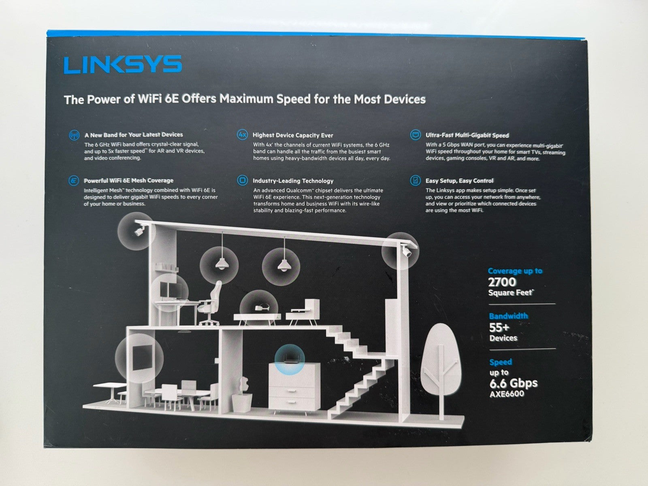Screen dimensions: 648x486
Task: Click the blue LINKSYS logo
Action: click(x=123, y=64)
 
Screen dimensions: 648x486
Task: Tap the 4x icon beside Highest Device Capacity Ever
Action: click(x=242, y=135)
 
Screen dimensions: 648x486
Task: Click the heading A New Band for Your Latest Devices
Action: click(x=134, y=135)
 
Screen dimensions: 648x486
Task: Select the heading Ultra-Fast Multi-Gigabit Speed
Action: click(x=467, y=135)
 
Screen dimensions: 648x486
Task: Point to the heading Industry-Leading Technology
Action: click(x=293, y=181)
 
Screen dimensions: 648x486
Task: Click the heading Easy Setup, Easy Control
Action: click(x=459, y=181)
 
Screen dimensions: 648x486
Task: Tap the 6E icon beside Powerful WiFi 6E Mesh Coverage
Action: click(x=74, y=180)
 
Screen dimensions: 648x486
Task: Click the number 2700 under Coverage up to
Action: click(x=502, y=282)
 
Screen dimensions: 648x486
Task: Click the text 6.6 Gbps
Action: click(x=514, y=383)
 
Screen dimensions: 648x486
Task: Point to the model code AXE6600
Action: click(x=507, y=394)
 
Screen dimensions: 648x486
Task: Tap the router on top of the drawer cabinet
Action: click(x=290, y=360)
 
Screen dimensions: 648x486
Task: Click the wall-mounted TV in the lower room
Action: click(x=142, y=357)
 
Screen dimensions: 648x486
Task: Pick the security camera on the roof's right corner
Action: click(x=406, y=250)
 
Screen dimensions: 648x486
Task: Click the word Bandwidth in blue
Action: click(x=508, y=316)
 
